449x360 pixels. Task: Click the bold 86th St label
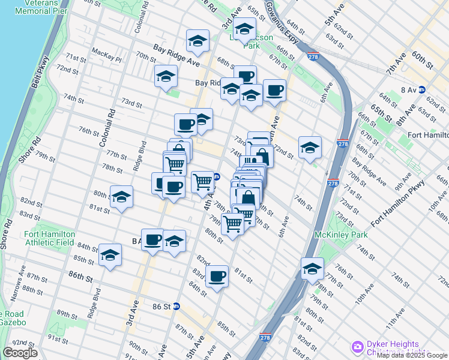tap(80, 279)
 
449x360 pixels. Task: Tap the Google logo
tap(20, 353)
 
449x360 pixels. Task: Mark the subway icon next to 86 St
tap(176, 306)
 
